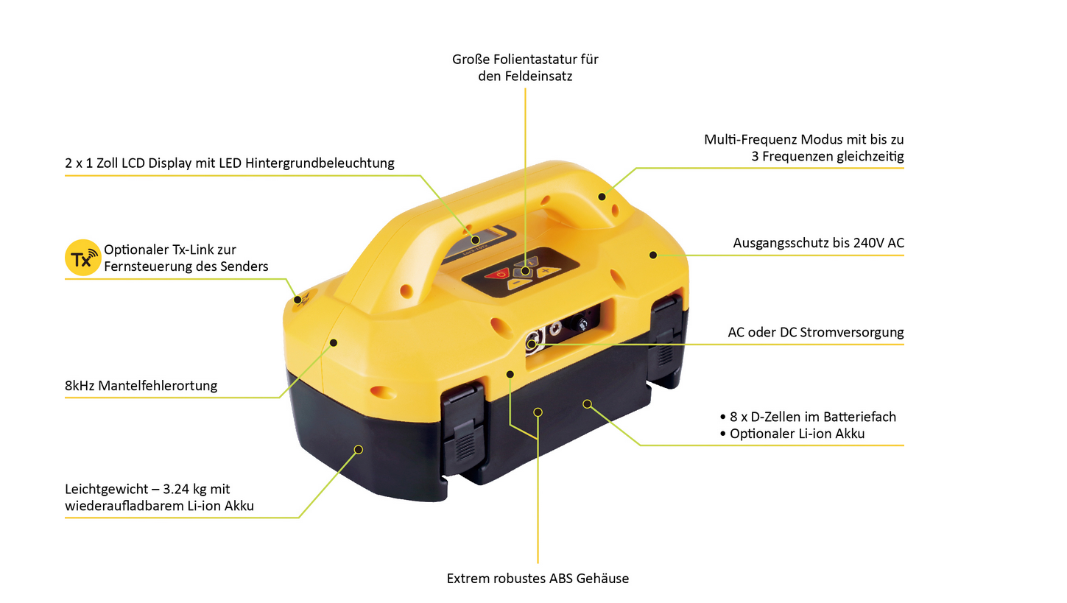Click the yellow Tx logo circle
82,258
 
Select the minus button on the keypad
518,283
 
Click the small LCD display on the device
483,237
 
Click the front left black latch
463,423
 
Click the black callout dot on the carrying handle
602,197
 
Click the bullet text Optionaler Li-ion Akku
797,434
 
